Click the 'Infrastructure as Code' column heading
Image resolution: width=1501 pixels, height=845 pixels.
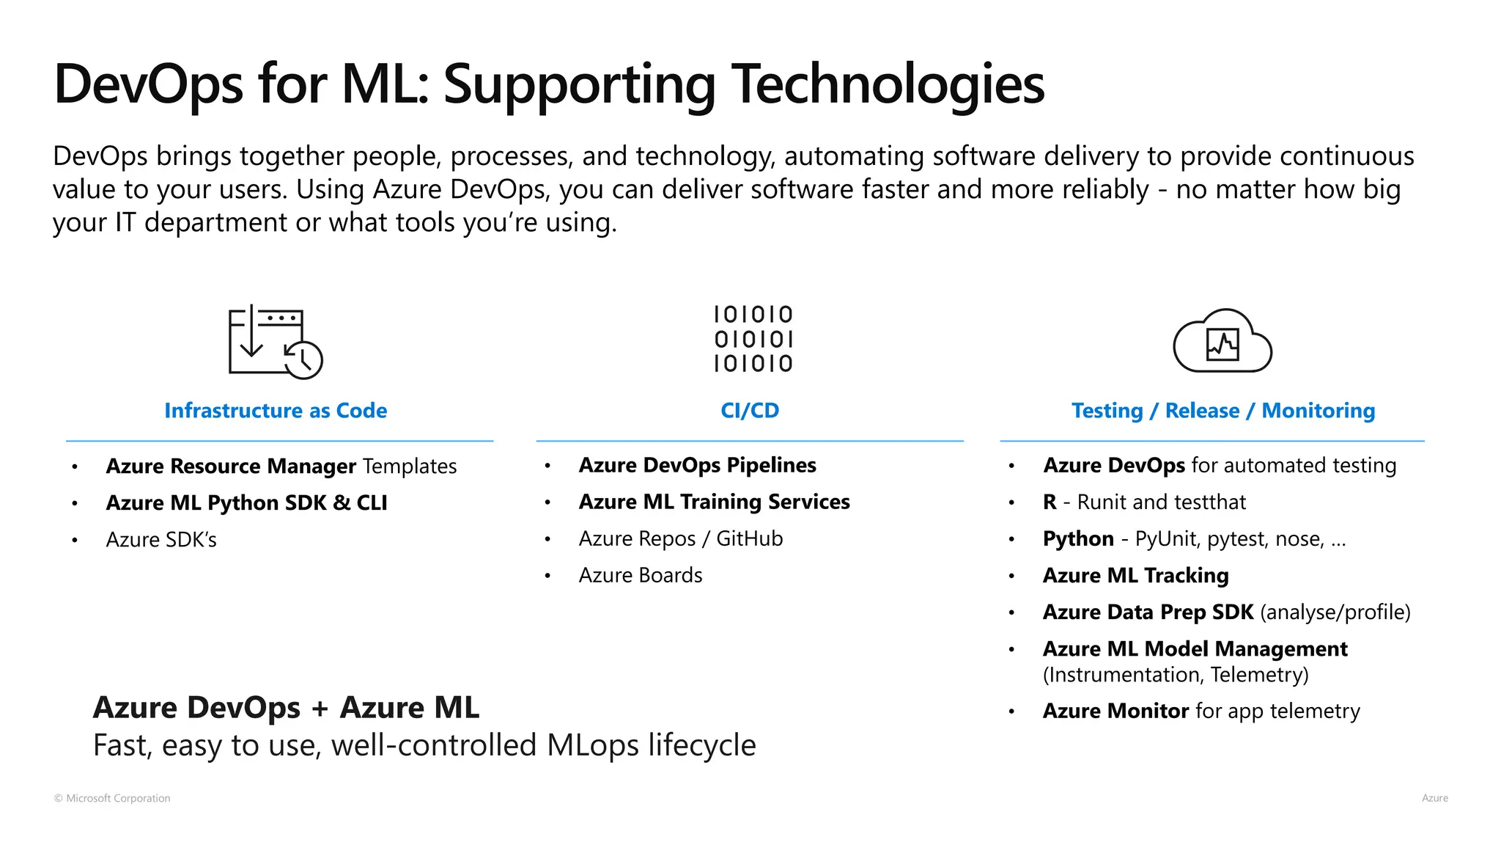pos(276,411)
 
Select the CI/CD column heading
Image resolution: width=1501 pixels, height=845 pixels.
pos(750,411)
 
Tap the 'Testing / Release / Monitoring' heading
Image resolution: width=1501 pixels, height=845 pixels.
pos(1222,411)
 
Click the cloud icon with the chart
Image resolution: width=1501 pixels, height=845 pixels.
pos(1222,343)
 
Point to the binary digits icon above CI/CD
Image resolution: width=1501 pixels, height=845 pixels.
pos(753,339)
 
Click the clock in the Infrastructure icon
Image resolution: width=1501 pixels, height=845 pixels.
pos(303,359)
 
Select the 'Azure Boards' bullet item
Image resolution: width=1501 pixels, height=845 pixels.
pos(640,575)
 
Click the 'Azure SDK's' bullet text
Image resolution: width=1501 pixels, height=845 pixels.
pos(161,540)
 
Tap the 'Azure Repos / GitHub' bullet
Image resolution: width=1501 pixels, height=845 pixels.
pos(680,538)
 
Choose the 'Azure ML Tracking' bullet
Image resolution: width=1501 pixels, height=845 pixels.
pos(1135,576)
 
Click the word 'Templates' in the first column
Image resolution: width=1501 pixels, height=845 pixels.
pos(409,467)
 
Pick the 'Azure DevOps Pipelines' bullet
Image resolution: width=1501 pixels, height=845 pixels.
pos(697,465)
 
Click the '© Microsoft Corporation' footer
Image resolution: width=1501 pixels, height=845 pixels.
pos(112,798)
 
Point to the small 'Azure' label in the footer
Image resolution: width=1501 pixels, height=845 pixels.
pos(1434,798)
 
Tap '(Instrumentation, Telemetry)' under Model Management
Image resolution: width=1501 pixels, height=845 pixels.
pos(1175,675)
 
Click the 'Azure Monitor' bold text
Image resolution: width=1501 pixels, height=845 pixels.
pos(1115,711)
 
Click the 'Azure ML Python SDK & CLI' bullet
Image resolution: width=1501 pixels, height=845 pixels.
pos(246,503)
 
